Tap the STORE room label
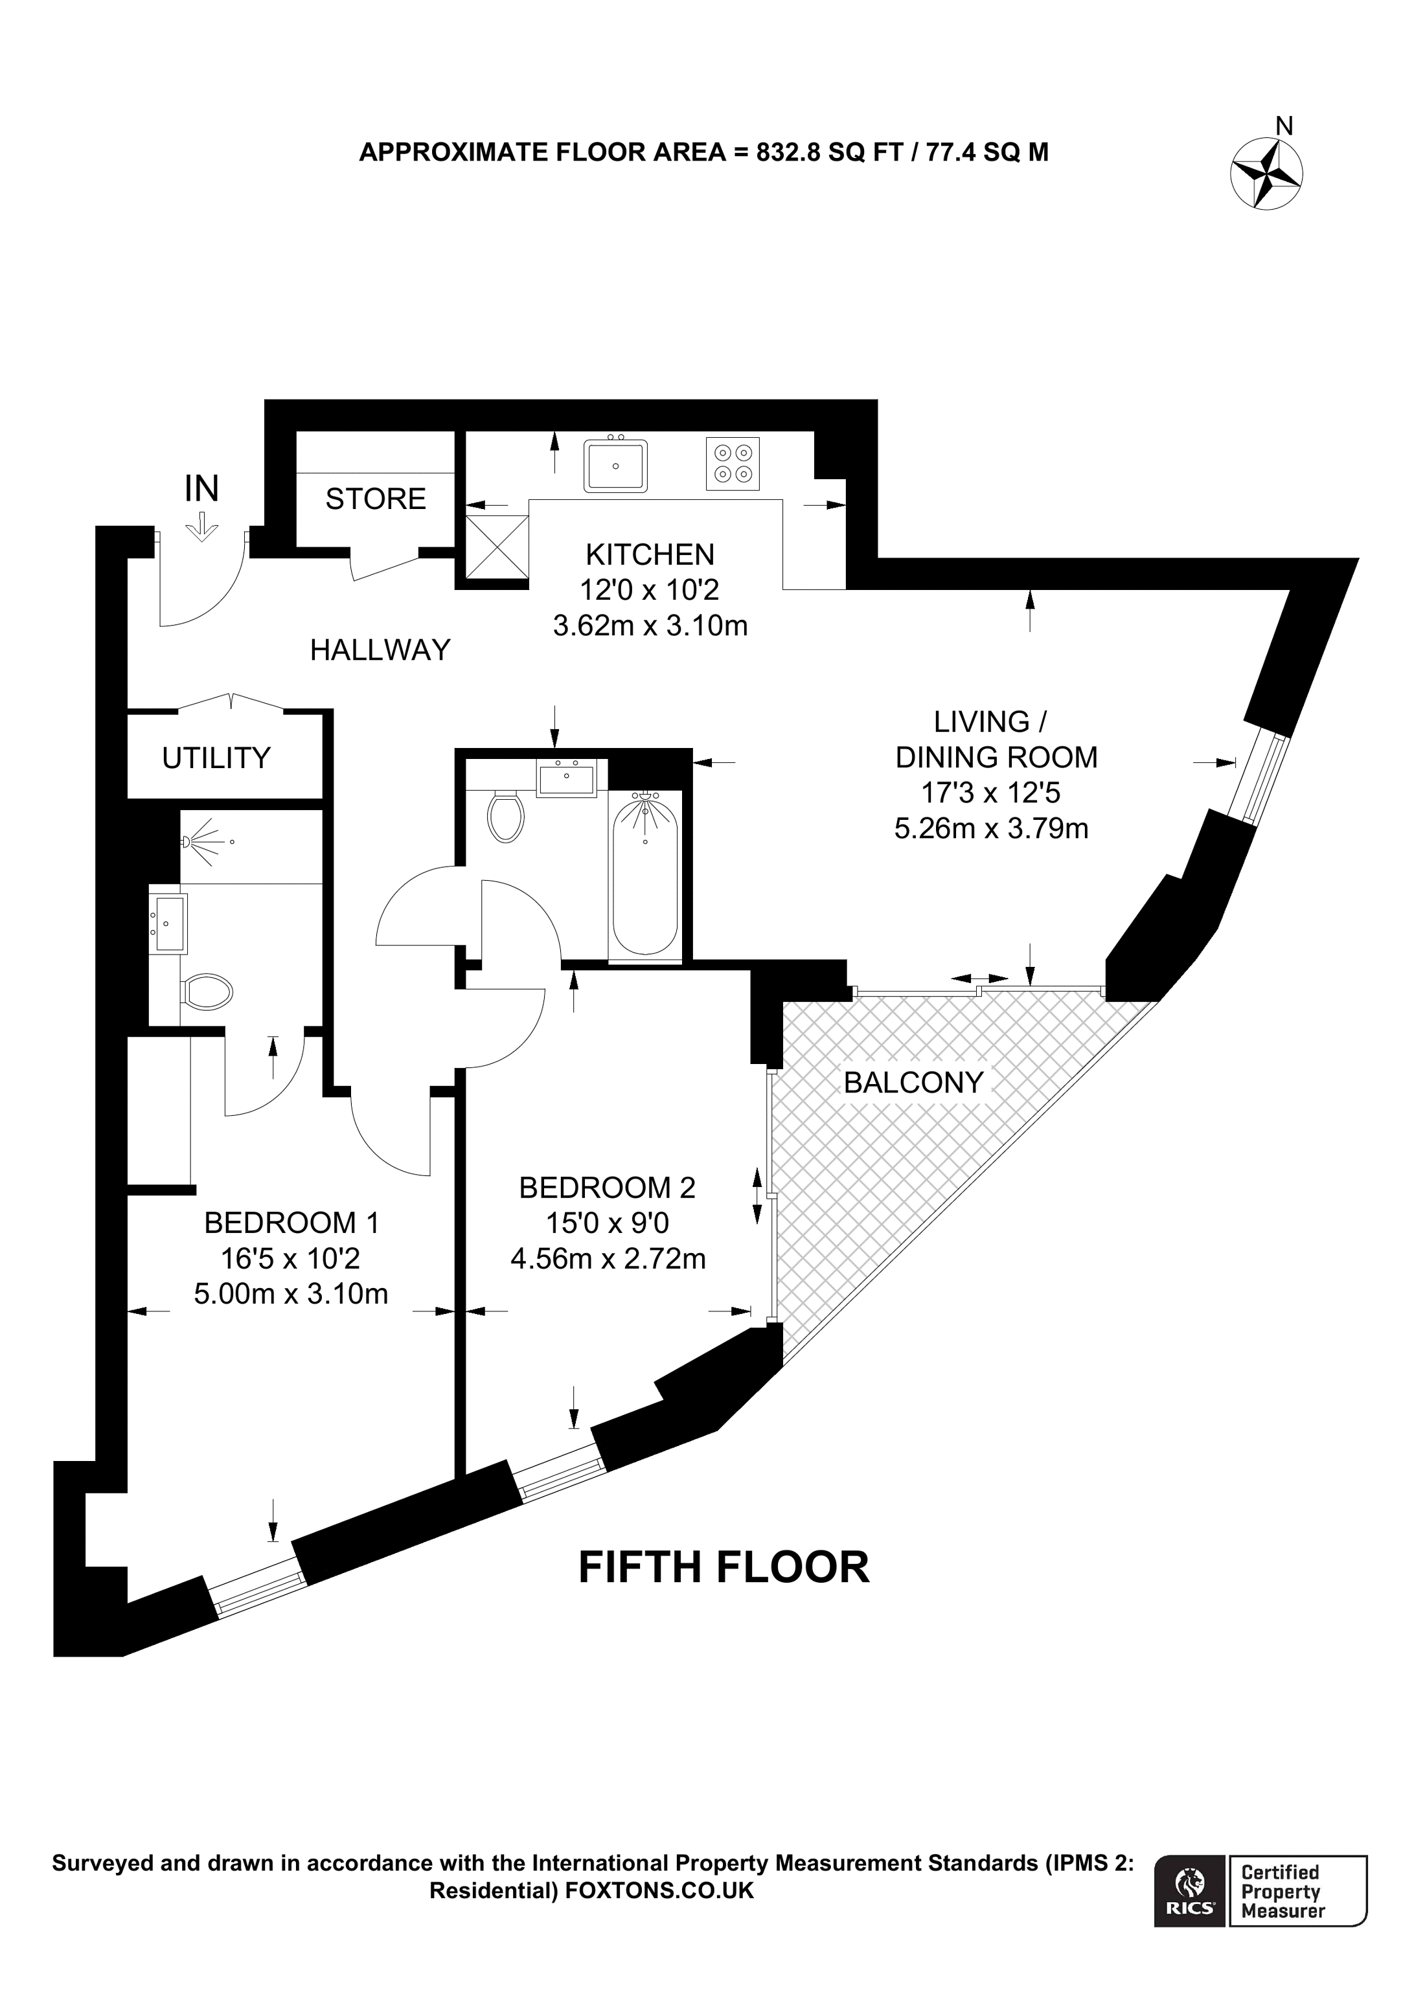[375, 499]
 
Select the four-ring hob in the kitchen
[732, 464]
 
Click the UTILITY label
[216, 757]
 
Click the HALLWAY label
[380, 650]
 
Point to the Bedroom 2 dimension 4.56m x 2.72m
[608, 1259]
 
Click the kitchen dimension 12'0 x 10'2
[650, 590]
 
